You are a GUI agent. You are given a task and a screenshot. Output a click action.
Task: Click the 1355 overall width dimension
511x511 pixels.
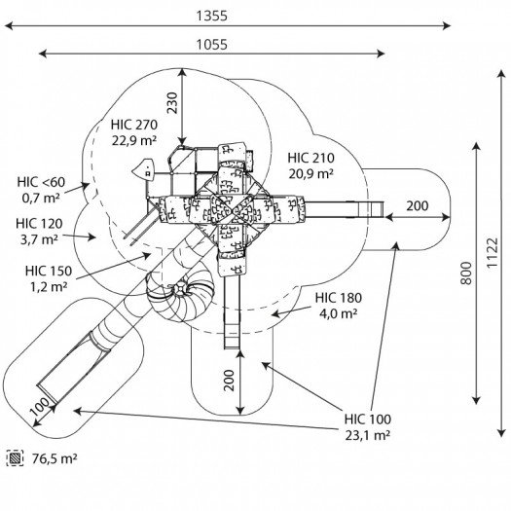[x=211, y=16]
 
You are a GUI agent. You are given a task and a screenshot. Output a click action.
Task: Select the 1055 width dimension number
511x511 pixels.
[x=211, y=45]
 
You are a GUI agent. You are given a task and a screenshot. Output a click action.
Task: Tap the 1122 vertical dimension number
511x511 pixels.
[x=493, y=253]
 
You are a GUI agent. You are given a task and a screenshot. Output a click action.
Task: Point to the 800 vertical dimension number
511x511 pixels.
[x=466, y=273]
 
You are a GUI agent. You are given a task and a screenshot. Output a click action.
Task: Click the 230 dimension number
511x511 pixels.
[x=172, y=102]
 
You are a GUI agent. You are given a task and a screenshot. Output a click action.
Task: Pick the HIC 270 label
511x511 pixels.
[x=134, y=125]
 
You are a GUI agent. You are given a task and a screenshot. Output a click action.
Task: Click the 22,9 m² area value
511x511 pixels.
[x=134, y=140]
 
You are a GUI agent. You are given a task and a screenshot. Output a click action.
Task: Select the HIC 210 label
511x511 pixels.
[x=310, y=158]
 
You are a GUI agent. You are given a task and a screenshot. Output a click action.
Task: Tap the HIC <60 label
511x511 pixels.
[x=41, y=182]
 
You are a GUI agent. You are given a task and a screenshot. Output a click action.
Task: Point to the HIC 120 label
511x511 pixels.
[x=39, y=224]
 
